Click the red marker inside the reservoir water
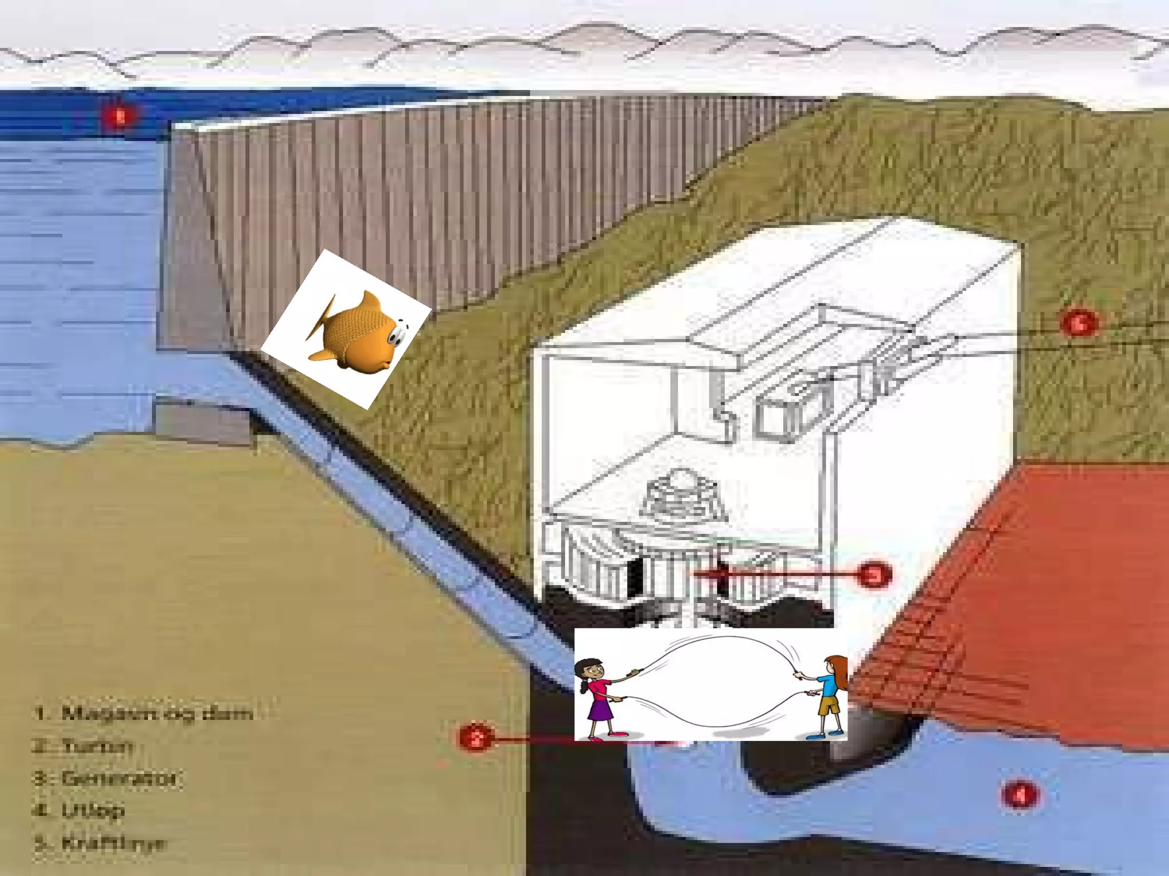click(120, 117)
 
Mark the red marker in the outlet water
click(1020, 794)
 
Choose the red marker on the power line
click(1078, 323)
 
